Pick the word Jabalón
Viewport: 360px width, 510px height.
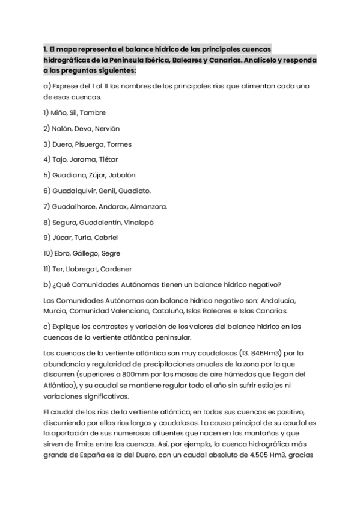click(122, 176)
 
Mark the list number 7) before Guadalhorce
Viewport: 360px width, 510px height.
click(47, 207)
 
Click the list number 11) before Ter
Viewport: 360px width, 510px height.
click(47, 269)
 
